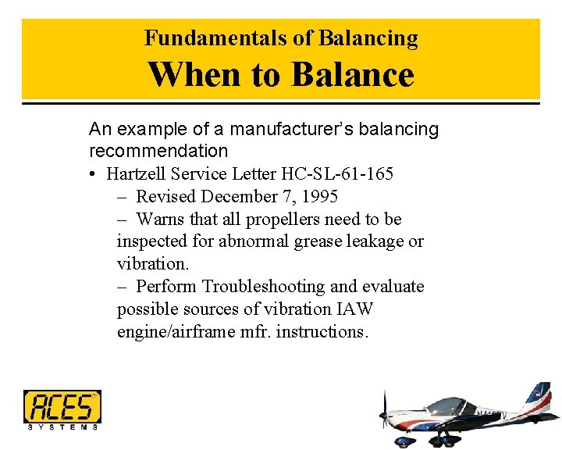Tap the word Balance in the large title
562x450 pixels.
coord(352,75)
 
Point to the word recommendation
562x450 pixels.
coord(158,151)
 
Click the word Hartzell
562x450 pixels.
coord(138,173)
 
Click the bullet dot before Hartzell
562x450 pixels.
coord(93,174)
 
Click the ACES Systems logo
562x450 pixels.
coord(62,410)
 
